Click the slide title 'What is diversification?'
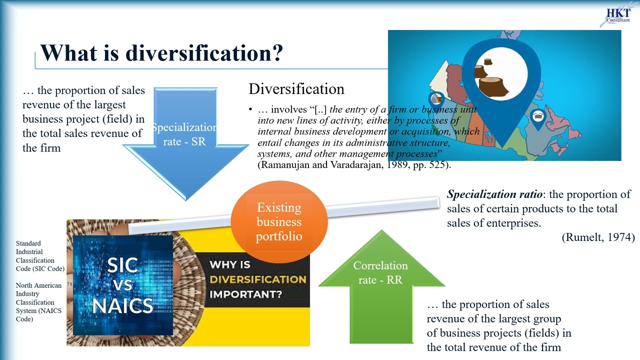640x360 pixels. (x=161, y=52)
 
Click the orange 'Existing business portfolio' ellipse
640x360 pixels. (x=279, y=222)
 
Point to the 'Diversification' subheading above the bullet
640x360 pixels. (x=296, y=89)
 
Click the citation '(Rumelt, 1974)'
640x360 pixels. (x=598, y=237)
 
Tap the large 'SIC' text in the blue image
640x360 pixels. (x=122, y=265)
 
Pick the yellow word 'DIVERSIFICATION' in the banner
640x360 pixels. (x=257, y=279)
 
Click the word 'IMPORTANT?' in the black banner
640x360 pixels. (x=245, y=294)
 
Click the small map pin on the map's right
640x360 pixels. (x=537, y=118)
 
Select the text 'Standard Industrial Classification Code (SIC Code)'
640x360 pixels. (x=40, y=256)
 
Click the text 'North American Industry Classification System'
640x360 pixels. (x=39, y=298)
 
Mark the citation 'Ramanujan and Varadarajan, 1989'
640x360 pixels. (x=340, y=164)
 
